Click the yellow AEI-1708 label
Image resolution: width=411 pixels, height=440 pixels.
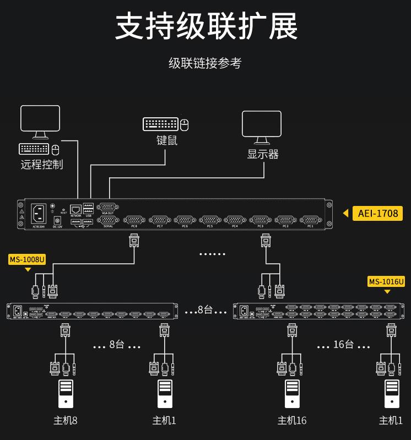377,213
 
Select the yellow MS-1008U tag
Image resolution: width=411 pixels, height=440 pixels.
27,259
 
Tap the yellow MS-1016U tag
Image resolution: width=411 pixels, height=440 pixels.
386,281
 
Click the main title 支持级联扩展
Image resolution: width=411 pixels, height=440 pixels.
206,26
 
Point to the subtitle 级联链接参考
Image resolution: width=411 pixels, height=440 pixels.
205,63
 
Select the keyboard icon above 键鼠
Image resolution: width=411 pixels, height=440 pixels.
160,124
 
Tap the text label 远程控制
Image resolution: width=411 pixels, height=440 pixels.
42,164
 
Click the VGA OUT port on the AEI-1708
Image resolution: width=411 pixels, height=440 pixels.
107,207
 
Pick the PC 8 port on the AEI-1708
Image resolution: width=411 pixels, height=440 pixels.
134,220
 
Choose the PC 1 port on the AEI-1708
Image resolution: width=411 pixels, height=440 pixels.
310,220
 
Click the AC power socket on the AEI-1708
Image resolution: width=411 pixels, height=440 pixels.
39,212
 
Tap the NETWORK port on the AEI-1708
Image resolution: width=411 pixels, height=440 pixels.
76,209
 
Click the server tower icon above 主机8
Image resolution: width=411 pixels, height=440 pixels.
66,394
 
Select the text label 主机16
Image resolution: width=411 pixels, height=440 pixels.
292,421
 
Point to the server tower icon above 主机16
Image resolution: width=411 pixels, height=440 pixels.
293,394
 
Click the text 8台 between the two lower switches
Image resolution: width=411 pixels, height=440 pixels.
205,310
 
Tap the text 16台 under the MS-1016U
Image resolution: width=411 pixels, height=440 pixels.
343,344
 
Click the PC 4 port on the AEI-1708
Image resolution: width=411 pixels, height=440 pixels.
235,220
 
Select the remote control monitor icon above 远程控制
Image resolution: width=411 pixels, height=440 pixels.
40,121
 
